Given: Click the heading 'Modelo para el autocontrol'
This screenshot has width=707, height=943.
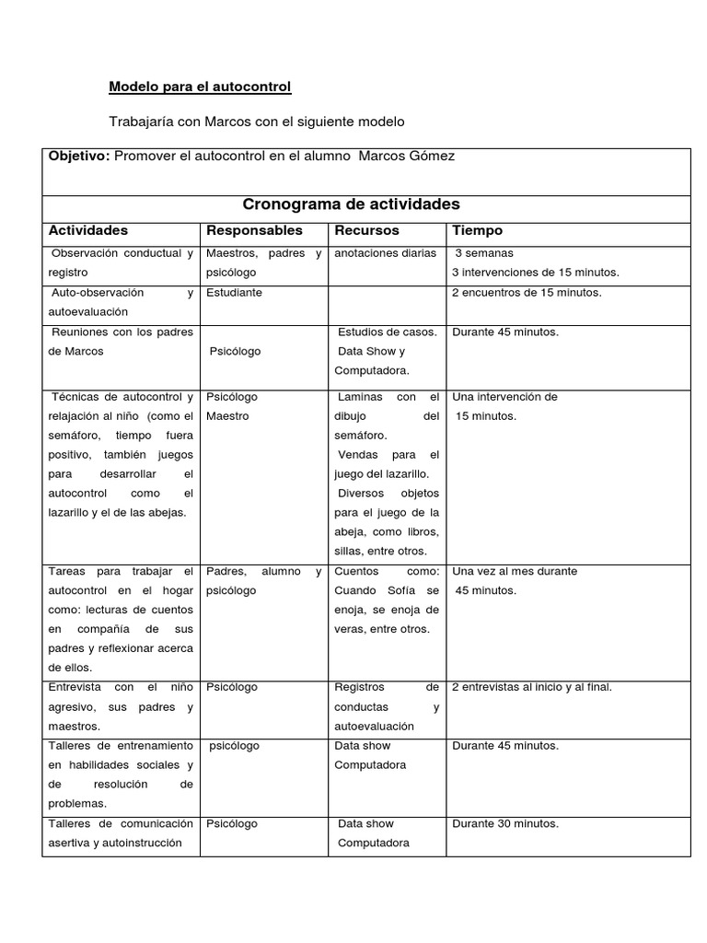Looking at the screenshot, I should (200, 87).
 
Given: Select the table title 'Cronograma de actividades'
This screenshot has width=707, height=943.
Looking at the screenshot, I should (351, 204).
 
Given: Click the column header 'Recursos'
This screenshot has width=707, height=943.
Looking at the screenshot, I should (366, 230).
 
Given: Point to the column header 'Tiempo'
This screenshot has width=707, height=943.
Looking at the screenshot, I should (477, 230).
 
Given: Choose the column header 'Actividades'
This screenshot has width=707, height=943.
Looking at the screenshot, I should (88, 230).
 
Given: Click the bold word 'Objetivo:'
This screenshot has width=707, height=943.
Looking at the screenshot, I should (78, 157).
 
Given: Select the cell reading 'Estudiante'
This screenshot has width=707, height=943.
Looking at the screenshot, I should (234, 293).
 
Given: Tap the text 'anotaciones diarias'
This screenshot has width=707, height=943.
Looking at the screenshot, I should (386, 253).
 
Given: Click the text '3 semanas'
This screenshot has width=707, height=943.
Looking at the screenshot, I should (485, 253).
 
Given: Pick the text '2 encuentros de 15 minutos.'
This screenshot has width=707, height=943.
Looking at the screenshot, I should (527, 293).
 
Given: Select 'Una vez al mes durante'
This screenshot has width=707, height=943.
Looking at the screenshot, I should (515, 571).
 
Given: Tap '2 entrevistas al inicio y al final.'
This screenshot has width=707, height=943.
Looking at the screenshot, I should (532, 687).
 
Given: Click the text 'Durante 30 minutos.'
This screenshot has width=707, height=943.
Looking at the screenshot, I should (505, 824).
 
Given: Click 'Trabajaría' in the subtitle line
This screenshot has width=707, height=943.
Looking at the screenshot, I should (139, 122).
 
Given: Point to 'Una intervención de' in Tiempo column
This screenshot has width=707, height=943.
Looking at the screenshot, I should (505, 397).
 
